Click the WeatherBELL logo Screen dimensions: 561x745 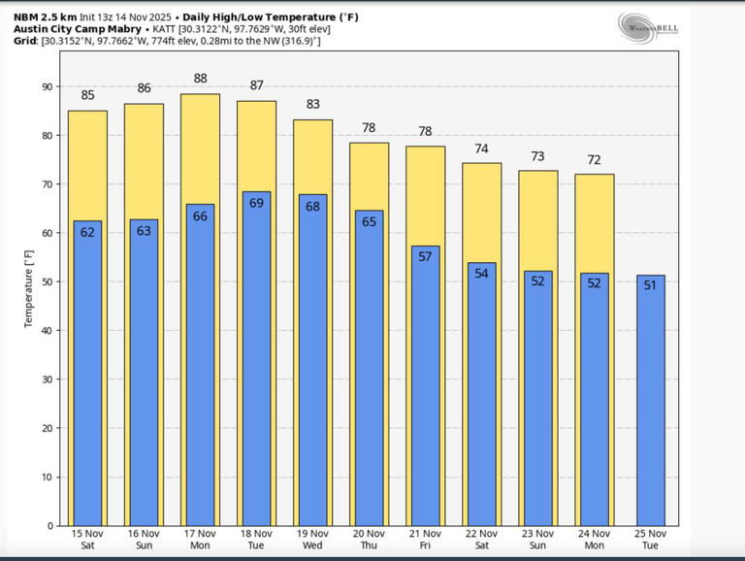tap(647, 28)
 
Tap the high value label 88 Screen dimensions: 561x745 tap(200, 79)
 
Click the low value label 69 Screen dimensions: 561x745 tap(256, 204)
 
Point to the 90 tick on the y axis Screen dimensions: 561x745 tap(48, 86)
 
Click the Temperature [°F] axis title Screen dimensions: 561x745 tap(28, 287)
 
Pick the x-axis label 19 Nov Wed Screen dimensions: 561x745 tap(312, 540)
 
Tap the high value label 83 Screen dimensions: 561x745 tap(312, 105)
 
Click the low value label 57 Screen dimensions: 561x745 tap(425, 257)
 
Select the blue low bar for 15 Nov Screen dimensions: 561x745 tap(87, 374)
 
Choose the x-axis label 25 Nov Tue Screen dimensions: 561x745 tap(650, 540)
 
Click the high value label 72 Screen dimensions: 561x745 tap(594, 159)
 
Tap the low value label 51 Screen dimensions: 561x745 tap(650, 285)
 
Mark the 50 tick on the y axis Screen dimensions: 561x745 tap(48, 281)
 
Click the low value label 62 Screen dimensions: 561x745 tap(87, 232)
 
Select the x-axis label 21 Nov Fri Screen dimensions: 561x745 tap(425, 540)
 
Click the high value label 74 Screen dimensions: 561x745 tap(481, 148)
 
